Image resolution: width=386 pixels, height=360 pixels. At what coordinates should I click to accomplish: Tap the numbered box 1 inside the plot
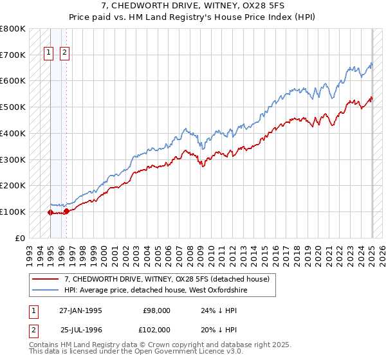click(x=49, y=54)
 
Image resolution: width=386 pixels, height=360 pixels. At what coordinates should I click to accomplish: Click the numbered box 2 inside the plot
click(x=65, y=54)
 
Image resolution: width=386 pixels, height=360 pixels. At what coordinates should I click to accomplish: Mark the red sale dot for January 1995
click(x=50, y=212)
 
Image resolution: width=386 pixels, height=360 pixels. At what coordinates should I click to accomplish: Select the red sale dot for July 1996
click(x=66, y=211)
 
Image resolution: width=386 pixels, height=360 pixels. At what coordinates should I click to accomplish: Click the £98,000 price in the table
click(x=157, y=310)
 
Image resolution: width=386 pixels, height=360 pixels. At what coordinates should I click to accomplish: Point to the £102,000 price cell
click(x=156, y=329)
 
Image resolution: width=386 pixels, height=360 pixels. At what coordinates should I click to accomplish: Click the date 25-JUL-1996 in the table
click(x=81, y=329)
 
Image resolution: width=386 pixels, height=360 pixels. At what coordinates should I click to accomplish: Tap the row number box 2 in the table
click(x=33, y=329)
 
